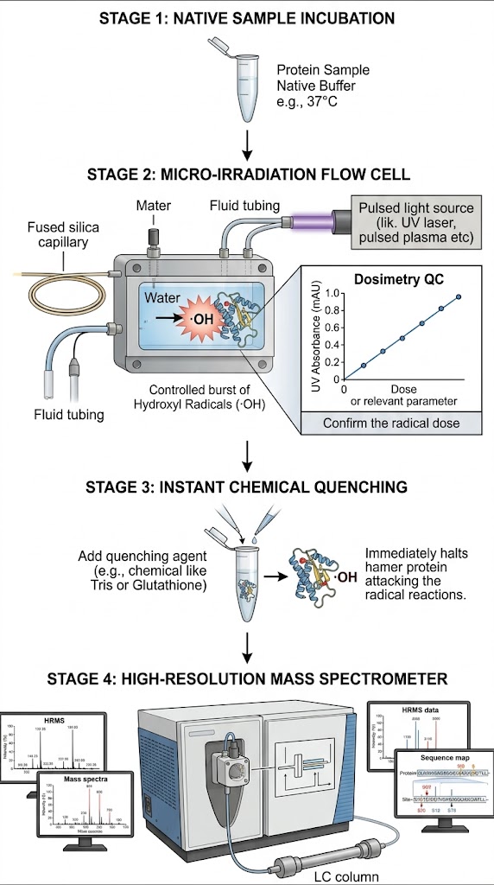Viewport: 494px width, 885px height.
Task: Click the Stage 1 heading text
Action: (x=247, y=16)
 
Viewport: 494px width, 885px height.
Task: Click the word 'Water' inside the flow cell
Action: (x=161, y=298)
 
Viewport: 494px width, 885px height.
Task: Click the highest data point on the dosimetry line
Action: (x=459, y=296)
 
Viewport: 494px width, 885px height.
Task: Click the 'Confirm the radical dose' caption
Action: (x=391, y=423)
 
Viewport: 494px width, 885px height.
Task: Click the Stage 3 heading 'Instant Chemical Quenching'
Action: (x=247, y=487)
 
